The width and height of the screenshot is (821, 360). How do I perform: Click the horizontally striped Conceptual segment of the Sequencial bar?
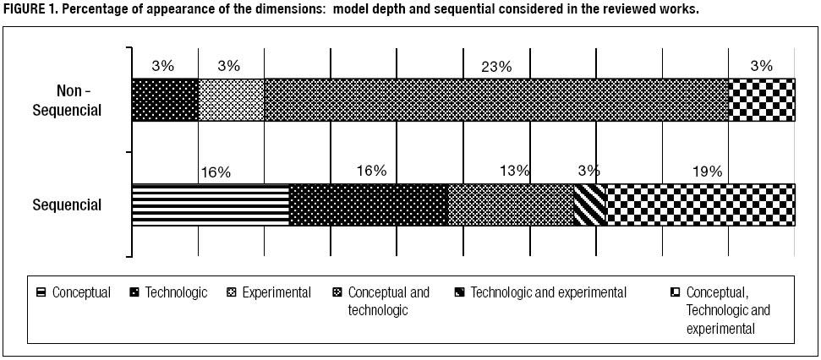(211, 205)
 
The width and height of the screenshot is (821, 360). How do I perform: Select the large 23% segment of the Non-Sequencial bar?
(496, 101)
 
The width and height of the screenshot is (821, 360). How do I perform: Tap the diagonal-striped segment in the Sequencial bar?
(590, 205)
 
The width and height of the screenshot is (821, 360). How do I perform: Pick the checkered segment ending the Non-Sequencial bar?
(762, 101)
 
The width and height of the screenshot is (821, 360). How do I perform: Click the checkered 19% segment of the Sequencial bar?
(700, 205)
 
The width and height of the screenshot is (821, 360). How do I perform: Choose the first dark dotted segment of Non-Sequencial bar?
(165, 101)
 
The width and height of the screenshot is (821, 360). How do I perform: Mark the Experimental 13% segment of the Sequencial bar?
(511, 205)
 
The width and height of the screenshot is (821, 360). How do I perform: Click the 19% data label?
(707, 171)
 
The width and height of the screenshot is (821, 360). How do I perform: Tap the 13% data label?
(515, 171)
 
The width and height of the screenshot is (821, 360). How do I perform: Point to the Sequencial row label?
(67, 205)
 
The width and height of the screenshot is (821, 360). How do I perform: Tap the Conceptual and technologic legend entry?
(388, 301)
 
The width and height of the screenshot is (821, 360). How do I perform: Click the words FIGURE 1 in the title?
(30, 9)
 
